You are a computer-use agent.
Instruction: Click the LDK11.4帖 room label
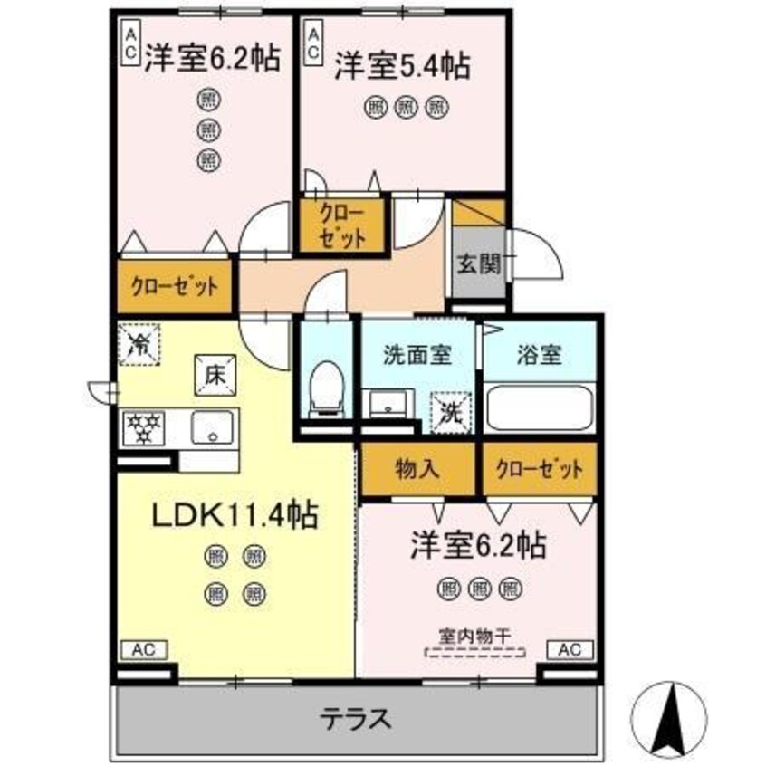tap(233, 516)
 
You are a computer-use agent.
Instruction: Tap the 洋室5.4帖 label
tap(402, 67)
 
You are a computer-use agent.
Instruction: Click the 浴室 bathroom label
tap(540, 355)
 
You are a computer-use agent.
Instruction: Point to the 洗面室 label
tap(417, 355)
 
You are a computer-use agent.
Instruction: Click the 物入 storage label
tap(417, 469)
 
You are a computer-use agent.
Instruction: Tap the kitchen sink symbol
tap(211, 426)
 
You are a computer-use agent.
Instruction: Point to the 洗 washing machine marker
tap(450, 412)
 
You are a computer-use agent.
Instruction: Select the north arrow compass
tap(673, 711)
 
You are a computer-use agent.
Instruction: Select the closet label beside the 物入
tap(540, 469)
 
